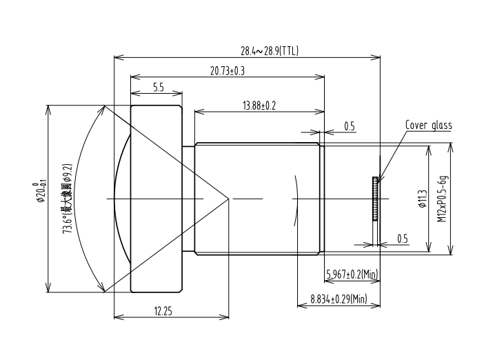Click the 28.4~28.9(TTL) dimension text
(x=270, y=50)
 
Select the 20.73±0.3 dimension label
(x=228, y=71)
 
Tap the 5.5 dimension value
(x=159, y=88)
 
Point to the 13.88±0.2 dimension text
(x=259, y=106)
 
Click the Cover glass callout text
(x=428, y=125)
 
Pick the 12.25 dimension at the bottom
(x=163, y=311)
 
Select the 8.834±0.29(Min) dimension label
(x=339, y=299)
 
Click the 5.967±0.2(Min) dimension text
(x=352, y=274)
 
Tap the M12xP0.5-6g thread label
(x=442, y=199)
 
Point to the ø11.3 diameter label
(x=423, y=199)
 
